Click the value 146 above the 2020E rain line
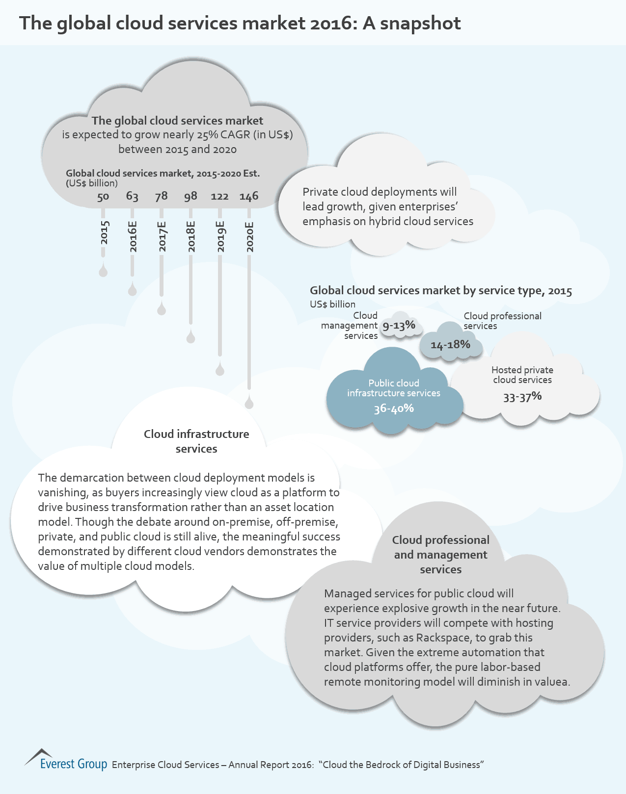point(249,197)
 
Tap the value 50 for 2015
point(103,197)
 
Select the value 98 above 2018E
point(191,197)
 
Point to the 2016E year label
point(133,237)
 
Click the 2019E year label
point(220,237)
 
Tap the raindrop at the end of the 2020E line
point(249,403)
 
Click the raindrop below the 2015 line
point(103,271)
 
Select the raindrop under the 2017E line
point(162,309)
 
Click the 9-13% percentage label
point(399,326)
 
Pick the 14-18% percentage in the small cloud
point(450,345)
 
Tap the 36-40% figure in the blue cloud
point(394,409)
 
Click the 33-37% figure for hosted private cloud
point(522,397)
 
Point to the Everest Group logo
point(66,761)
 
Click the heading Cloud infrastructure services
point(196,441)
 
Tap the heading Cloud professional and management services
point(441,555)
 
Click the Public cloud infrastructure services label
point(394,388)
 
